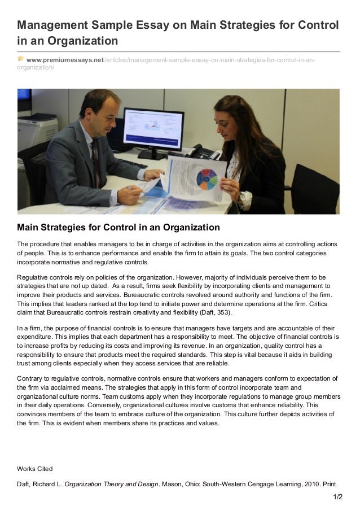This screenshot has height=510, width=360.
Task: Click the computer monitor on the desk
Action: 153,129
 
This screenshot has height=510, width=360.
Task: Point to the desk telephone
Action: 202,152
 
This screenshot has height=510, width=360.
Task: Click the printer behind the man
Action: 37,128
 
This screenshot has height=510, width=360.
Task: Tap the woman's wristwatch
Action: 246,198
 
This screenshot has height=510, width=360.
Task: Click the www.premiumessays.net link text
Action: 65,60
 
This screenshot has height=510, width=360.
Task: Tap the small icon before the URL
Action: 21,59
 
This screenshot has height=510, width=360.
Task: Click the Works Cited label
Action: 34,468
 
